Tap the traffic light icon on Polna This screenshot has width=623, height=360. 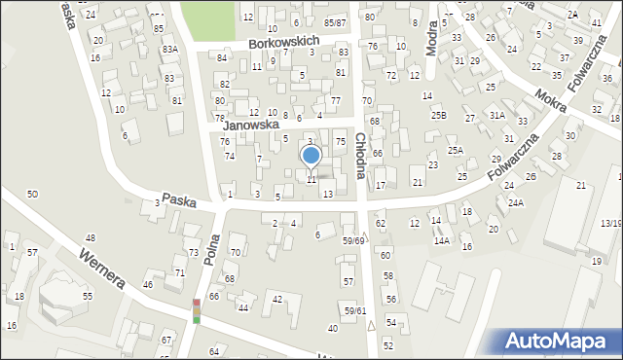pos(196,311)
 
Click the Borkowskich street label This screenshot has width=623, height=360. pos(283,44)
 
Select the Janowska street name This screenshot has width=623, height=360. pos(250,126)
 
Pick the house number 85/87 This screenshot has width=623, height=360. pos(335,22)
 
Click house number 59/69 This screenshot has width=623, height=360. pos(353,240)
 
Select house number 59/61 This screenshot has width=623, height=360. pos(353,310)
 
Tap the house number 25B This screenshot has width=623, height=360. pos(438,116)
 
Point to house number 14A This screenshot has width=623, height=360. pos(442,240)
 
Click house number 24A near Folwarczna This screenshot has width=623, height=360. pos(515,202)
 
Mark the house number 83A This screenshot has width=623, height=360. pos(169,49)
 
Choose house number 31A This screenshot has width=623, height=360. pos(496,115)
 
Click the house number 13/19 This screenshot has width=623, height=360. pos(610,224)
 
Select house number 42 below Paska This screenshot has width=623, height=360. pos(277,298)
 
